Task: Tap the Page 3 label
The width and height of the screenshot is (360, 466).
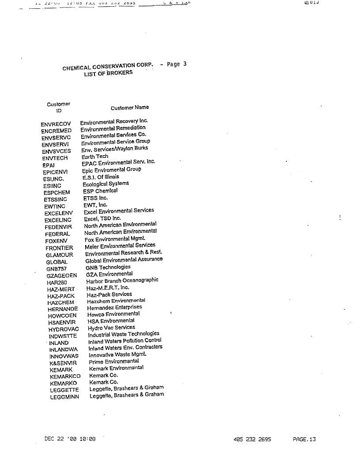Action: click(176, 64)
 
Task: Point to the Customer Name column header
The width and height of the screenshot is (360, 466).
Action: click(130, 108)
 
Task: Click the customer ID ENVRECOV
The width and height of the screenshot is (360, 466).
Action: click(56, 124)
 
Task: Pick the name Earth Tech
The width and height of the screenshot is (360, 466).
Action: click(95, 157)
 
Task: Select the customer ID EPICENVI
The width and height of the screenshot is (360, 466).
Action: click(55, 172)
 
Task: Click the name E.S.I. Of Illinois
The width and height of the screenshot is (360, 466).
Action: click(101, 177)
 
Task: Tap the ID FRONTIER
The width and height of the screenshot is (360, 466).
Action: click(59, 248)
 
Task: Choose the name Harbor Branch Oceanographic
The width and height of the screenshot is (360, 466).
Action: click(122, 280)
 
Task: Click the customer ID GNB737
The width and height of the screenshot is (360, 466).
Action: click(56, 269)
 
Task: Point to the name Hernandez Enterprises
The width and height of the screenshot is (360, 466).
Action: click(115, 307)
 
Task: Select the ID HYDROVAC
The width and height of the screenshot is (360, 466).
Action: click(64, 329)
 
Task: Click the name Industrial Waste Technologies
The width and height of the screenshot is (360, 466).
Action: click(124, 334)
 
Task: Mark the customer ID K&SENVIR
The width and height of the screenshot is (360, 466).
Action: click(64, 363)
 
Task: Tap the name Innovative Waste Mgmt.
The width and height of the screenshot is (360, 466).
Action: click(117, 354)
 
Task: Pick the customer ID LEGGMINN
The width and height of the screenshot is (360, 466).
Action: click(65, 397)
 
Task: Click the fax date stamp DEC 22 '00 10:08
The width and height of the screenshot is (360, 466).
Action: click(70, 439)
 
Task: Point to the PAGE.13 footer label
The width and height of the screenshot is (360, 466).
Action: click(304, 439)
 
